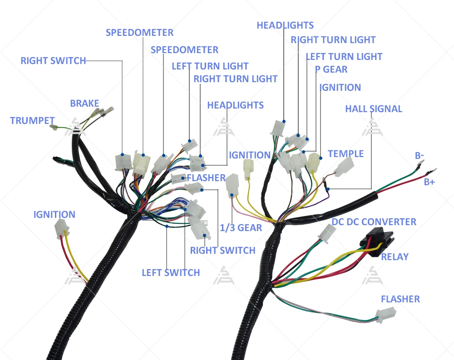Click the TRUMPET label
(32, 121)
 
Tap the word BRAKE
(84, 104)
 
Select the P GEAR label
(331, 69)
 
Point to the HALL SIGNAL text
(374, 109)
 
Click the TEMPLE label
(345, 154)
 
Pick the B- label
(419, 156)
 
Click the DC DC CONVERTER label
(374, 222)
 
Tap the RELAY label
(395, 257)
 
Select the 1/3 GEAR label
(241, 228)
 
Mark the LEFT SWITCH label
(171, 273)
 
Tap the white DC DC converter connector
(327, 233)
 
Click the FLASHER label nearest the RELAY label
(400, 299)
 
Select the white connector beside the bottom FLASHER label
(385, 314)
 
